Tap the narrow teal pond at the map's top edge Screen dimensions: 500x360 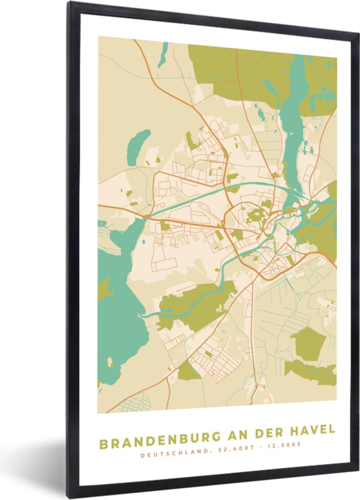click(x=163, y=49)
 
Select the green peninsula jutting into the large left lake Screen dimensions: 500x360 click(x=104, y=289)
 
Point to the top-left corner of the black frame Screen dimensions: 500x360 click(x=69, y=4)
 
